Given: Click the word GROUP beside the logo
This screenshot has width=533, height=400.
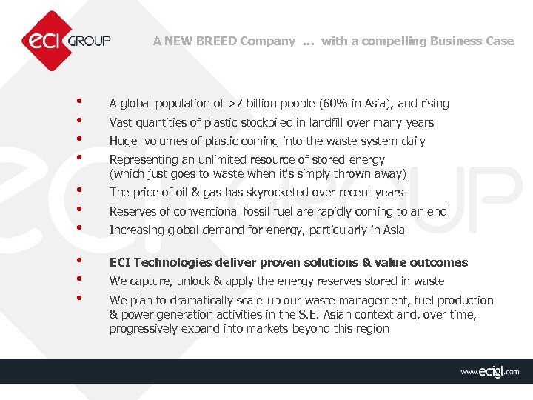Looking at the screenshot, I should pyautogui.click(x=89, y=40).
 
